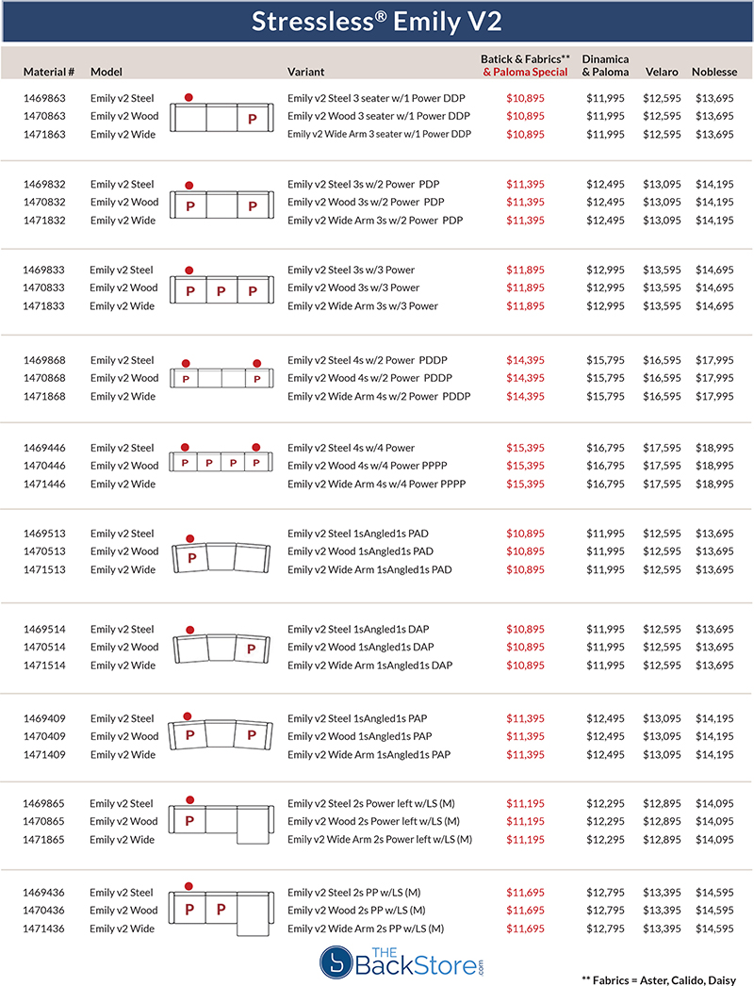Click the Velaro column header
(x=661, y=72)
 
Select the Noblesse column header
(x=714, y=72)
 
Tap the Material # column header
(x=49, y=72)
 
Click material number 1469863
(x=45, y=97)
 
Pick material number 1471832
(x=45, y=221)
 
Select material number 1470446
(x=45, y=466)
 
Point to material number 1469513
(x=45, y=534)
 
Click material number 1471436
(x=45, y=929)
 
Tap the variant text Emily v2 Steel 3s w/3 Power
(x=352, y=270)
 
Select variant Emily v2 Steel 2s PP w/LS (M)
(x=354, y=893)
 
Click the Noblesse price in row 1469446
(x=714, y=448)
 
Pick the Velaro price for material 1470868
(x=663, y=378)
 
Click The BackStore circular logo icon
(x=336, y=961)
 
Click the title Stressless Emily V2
(x=377, y=21)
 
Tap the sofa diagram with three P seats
(x=221, y=290)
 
